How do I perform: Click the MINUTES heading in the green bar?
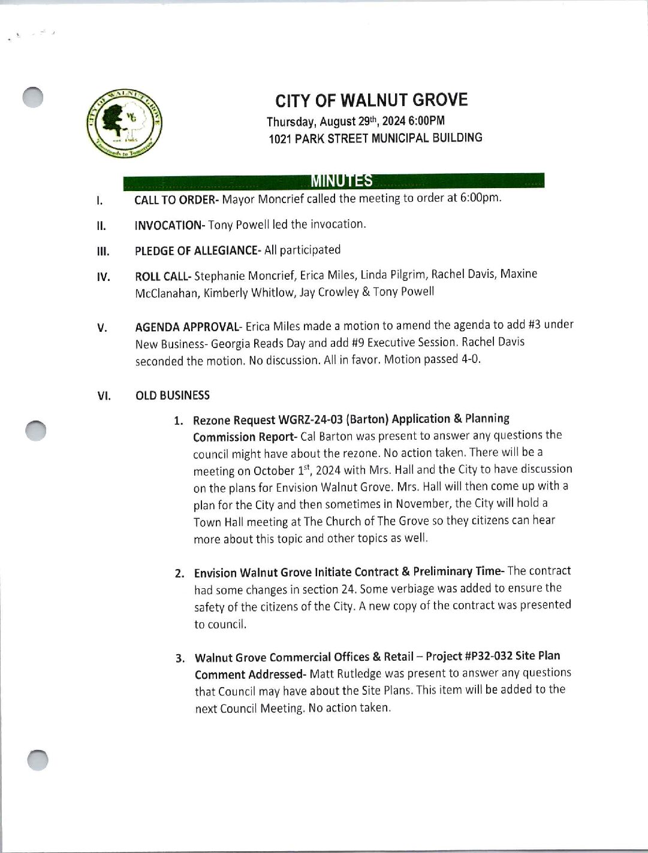342,181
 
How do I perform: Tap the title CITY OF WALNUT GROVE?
372,100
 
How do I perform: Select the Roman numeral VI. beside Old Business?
103,397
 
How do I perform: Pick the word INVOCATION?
168,225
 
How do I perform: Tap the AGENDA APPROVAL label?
186,327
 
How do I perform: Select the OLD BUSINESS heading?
173,395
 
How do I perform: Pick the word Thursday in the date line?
290,122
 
